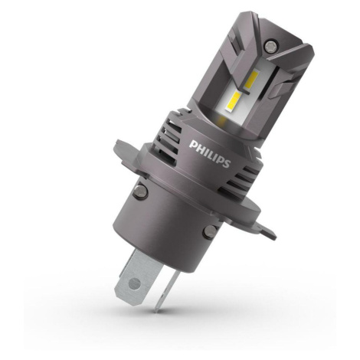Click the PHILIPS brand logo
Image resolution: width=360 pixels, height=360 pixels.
[210, 153]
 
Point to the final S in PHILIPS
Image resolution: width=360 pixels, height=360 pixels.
[227, 163]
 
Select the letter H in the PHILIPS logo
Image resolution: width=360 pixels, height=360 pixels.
[199, 147]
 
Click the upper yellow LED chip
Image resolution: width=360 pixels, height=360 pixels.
[252, 80]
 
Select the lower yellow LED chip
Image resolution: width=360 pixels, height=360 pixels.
[233, 102]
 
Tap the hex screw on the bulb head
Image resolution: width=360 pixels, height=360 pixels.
[270, 46]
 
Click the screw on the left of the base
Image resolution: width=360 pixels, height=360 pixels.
[140, 191]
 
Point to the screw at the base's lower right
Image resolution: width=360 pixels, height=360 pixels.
[210, 231]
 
